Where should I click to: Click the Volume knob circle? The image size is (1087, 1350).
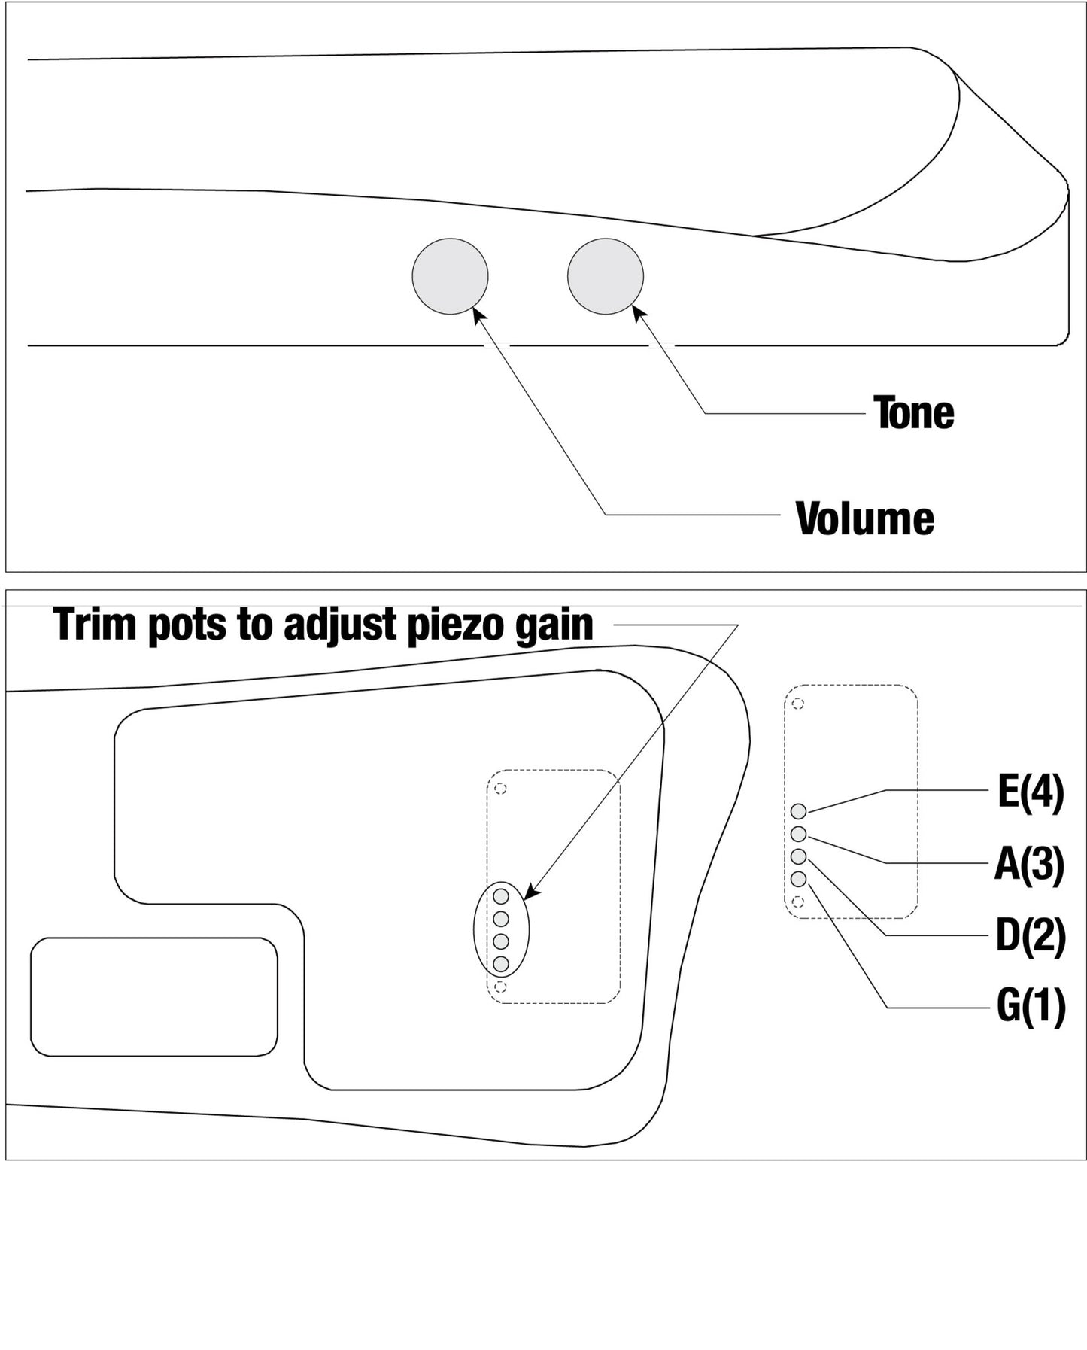pyautogui.click(x=450, y=276)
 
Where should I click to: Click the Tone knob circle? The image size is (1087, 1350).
pyautogui.click(x=606, y=276)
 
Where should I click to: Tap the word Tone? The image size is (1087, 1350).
pyautogui.click(x=913, y=412)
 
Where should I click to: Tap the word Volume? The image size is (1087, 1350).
pyautogui.click(x=865, y=518)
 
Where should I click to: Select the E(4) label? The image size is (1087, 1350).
pyautogui.click(x=1031, y=792)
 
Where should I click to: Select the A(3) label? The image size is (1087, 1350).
pyautogui.click(x=1030, y=864)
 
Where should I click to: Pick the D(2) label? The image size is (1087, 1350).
pyautogui.click(x=1031, y=935)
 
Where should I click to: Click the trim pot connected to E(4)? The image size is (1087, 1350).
pyautogui.click(x=799, y=811)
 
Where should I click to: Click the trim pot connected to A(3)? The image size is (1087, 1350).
pyautogui.click(x=799, y=834)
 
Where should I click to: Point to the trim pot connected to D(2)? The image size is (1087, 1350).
pyautogui.click(x=799, y=856)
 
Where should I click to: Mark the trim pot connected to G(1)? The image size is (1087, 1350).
pyautogui.click(x=799, y=879)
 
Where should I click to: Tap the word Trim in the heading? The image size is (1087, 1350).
pyautogui.click(x=96, y=625)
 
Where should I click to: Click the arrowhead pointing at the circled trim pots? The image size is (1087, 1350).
pyautogui.click(x=531, y=891)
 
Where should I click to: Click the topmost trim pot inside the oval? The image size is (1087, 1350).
pyautogui.click(x=501, y=896)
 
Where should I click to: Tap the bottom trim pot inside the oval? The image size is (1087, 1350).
pyautogui.click(x=501, y=964)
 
